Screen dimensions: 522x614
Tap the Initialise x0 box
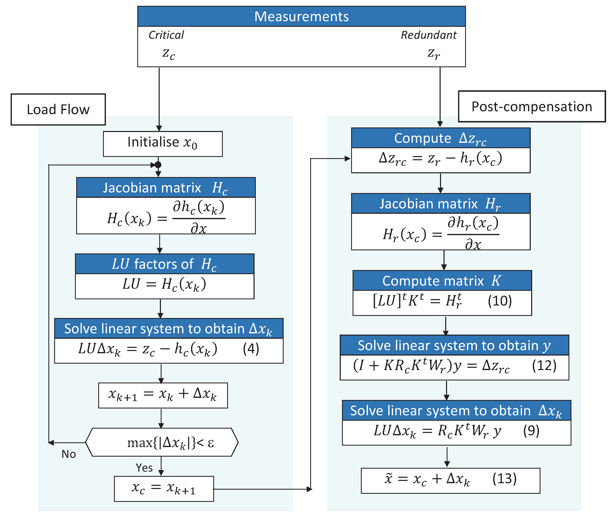coord(163,144)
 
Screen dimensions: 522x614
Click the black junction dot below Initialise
coord(158,165)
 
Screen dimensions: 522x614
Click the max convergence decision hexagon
coord(162,442)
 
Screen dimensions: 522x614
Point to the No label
coord(69,454)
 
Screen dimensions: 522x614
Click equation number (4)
coord(251,349)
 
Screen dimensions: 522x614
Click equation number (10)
coord(500,301)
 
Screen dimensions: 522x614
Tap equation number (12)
coord(544,366)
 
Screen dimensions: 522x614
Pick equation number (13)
coord(504,478)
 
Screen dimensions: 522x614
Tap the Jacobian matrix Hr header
coord(441,204)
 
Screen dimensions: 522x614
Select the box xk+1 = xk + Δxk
coord(163,395)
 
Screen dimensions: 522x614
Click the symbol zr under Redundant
coord(433,54)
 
